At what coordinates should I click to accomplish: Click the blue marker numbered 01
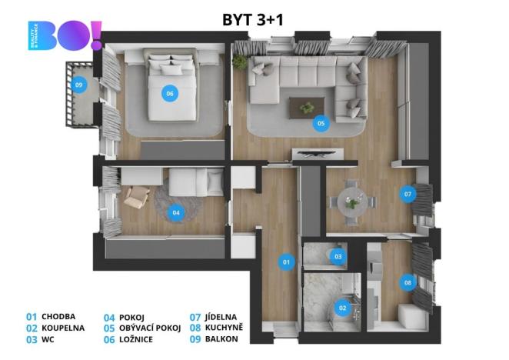[x=286, y=262]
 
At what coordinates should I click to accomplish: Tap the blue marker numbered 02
[x=342, y=308]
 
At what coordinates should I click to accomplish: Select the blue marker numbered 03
[x=338, y=255]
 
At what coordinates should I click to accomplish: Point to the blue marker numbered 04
[x=176, y=212]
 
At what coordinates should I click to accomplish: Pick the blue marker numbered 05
[x=321, y=122]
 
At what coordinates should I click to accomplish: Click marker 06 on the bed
[x=169, y=94]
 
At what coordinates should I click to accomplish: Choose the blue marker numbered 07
[x=408, y=195]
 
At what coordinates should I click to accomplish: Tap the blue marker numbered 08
[x=407, y=282]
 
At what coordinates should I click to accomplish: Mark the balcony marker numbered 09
[x=78, y=85]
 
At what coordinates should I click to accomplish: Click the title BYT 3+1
[x=253, y=19]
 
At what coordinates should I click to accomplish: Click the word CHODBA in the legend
[x=60, y=316]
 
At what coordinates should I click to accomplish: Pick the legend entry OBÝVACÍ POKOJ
[x=150, y=328]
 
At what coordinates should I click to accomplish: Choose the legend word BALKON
[x=221, y=339]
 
